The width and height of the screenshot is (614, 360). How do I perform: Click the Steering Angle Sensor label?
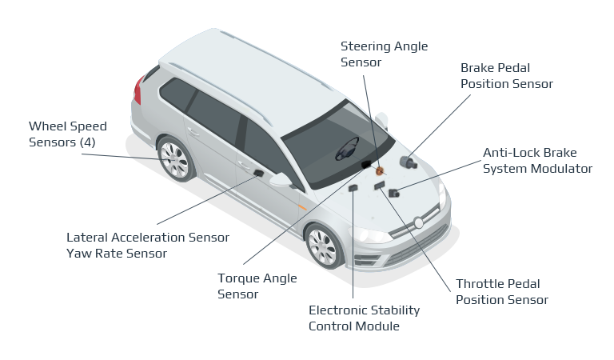(372, 54)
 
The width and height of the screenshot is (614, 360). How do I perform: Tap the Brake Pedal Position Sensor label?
(506, 75)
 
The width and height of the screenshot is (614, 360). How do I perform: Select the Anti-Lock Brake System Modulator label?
(537, 160)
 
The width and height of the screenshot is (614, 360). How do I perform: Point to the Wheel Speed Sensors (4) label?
(67, 134)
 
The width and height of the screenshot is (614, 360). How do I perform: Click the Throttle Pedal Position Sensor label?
(501, 292)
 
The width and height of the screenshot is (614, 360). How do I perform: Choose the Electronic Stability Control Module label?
(364, 318)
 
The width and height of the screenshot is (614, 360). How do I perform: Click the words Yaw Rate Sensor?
(117, 254)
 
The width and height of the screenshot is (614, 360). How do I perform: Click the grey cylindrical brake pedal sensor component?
(409, 163)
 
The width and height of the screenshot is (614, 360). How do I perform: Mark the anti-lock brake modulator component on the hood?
(393, 192)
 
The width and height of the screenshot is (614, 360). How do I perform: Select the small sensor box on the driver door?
(258, 173)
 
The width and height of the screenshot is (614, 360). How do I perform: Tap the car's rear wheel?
(174, 158)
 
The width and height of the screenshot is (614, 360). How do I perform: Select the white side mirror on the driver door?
(281, 180)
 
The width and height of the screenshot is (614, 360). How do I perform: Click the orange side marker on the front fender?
(301, 208)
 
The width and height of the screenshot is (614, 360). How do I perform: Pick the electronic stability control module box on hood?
(353, 187)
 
